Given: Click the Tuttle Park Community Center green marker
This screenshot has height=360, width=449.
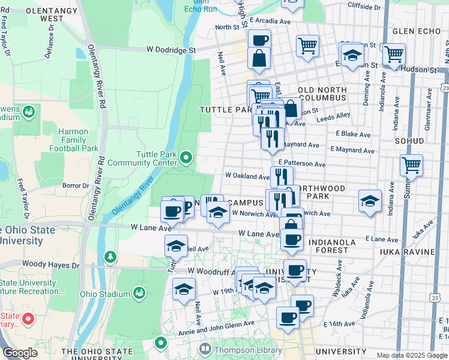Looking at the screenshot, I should (186, 158).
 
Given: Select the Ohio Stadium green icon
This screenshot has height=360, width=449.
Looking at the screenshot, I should (139, 293).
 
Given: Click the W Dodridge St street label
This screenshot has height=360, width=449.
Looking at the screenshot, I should (172, 50).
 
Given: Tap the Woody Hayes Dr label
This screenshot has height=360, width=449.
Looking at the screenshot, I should (50, 264).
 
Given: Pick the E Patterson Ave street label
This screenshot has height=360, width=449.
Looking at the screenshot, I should (301, 164).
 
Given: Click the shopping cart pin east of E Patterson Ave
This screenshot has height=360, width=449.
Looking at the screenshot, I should (411, 164).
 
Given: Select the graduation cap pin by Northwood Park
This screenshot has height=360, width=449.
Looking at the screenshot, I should (370, 200).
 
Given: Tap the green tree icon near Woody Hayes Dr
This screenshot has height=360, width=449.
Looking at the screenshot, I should (110, 257).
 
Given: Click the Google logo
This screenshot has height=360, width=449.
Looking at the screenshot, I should (20, 353).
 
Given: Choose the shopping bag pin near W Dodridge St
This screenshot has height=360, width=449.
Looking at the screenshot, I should (259, 58).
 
